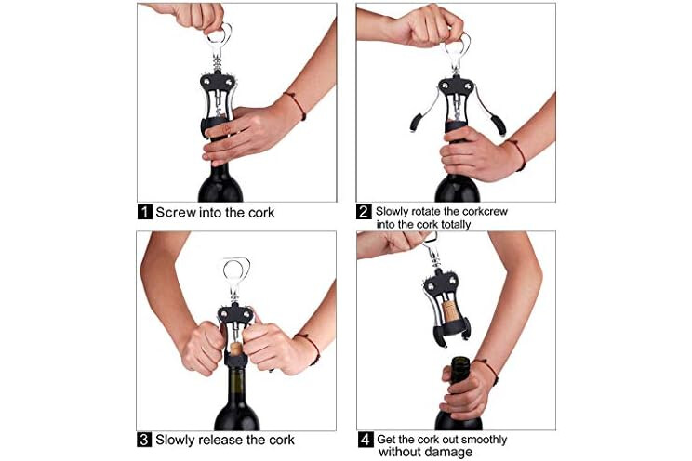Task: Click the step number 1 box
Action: pos(145,212)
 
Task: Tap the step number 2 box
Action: pos(364,212)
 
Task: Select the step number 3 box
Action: pos(144,440)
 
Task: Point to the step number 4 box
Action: pos(366,440)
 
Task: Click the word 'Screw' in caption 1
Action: pos(176,212)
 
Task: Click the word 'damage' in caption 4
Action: pos(449,452)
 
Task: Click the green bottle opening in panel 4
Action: pos(459,361)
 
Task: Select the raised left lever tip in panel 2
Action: pos(415,122)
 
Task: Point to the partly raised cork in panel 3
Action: pos(236,348)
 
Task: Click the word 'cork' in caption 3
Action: pos(282,440)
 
